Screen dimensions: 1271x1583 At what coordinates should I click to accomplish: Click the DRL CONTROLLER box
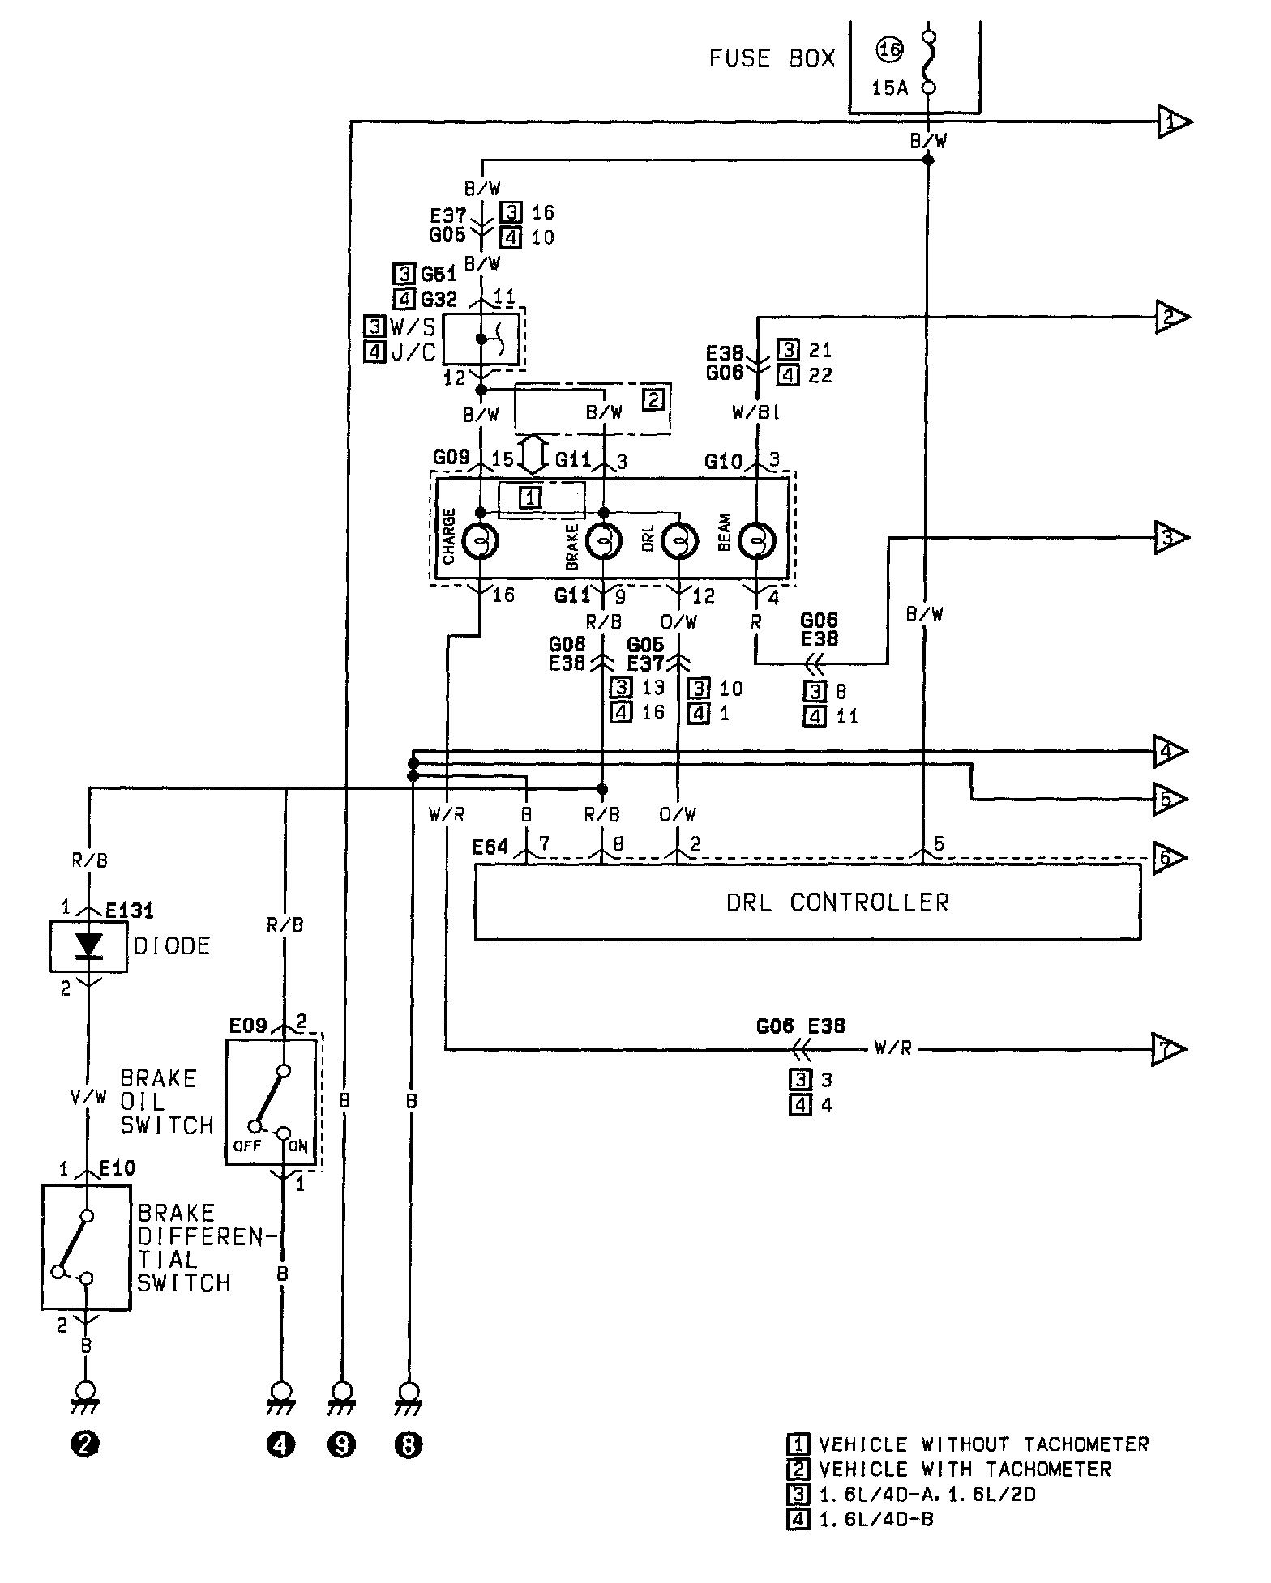(x=807, y=902)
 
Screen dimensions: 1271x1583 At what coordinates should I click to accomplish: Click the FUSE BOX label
(x=772, y=58)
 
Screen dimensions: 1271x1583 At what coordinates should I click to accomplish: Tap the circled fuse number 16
(x=889, y=50)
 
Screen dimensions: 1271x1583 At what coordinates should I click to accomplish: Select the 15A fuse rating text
(x=889, y=87)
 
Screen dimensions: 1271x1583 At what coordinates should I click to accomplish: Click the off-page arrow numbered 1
(x=1174, y=122)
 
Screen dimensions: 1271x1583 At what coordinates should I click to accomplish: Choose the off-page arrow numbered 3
(x=1171, y=537)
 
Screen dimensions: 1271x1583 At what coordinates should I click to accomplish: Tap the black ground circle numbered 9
(x=342, y=1444)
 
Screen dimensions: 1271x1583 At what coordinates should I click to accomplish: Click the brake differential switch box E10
(x=86, y=1247)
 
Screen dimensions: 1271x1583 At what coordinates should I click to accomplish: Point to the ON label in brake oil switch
(x=297, y=1146)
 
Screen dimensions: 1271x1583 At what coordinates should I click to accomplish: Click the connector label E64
(x=490, y=847)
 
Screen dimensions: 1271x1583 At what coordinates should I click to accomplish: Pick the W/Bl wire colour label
(x=755, y=413)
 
